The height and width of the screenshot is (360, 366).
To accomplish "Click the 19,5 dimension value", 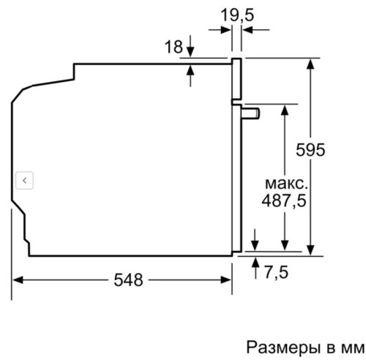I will click(237, 14).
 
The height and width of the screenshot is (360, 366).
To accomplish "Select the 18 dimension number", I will click(172, 48).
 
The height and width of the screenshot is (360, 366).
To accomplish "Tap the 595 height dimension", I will click(310, 149).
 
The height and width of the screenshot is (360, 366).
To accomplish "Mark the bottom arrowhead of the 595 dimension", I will click(311, 249).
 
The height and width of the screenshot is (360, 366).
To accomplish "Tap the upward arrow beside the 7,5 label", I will click(254, 264).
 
